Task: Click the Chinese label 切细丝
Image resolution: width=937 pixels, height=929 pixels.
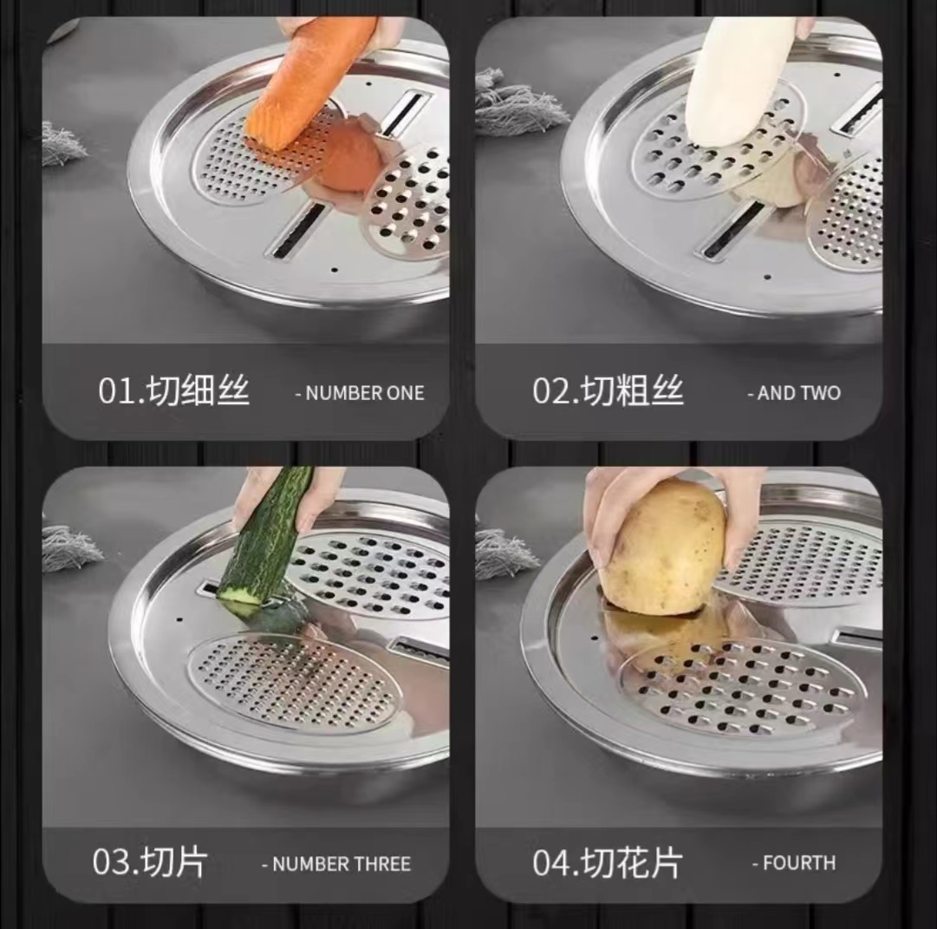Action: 198,390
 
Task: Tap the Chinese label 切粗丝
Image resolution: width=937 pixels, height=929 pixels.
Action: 633,390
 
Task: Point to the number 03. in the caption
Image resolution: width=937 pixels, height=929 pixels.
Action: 116,862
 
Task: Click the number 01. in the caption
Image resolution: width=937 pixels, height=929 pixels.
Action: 122,391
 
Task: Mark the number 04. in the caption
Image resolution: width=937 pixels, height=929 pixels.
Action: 556,862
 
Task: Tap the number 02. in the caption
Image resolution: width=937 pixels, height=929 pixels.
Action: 556,391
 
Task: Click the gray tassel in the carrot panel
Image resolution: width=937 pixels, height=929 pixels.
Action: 62,144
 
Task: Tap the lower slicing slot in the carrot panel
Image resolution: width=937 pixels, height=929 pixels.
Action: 296,231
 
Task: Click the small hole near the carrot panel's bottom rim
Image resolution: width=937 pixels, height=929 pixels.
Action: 334,270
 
